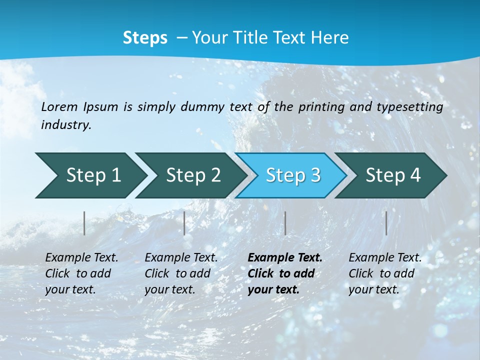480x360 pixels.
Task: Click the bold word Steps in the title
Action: pyautogui.click(x=145, y=38)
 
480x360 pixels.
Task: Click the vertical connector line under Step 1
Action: pyautogui.click(x=84, y=223)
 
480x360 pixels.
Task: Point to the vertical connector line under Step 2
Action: pyautogui.click(x=184, y=223)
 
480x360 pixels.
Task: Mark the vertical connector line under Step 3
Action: pyautogui.click(x=285, y=223)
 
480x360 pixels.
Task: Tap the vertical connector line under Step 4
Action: pyautogui.click(x=386, y=223)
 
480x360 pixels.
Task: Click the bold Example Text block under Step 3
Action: pyautogui.click(x=285, y=273)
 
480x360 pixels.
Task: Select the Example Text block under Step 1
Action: pyautogui.click(x=81, y=273)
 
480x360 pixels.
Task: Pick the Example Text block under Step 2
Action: pyautogui.click(x=181, y=273)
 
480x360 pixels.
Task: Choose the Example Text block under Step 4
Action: pyautogui.click(x=385, y=273)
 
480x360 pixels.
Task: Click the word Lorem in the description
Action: pyautogui.click(x=59, y=107)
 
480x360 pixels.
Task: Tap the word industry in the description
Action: pyautogui.click(x=66, y=125)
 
